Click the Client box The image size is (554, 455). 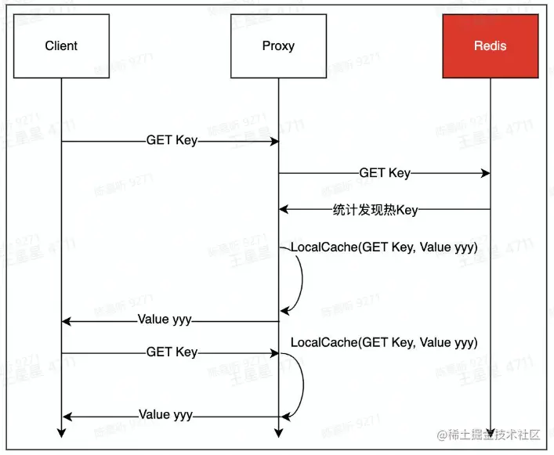tap(61, 46)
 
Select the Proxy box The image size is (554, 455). tap(278, 46)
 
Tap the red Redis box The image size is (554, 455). tap(491, 46)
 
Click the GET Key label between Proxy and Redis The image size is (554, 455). tap(384, 172)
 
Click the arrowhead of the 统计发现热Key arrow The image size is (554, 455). tap(283, 209)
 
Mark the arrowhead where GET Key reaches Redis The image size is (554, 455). tap(486, 172)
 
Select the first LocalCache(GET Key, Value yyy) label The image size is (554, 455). tap(384, 247)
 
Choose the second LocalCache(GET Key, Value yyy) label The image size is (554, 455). tap(384, 342)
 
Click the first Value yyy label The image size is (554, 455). tap(165, 320)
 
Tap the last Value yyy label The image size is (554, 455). tap(165, 414)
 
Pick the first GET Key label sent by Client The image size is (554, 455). tap(172, 141)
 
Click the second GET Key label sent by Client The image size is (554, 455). tap(172, 352)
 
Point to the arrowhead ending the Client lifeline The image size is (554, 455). tap(61, 433)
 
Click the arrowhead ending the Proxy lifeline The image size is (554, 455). tap(278, 433)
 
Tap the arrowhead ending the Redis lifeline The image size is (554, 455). tap(491, 433)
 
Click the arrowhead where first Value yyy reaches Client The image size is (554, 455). tap(66, 320)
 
